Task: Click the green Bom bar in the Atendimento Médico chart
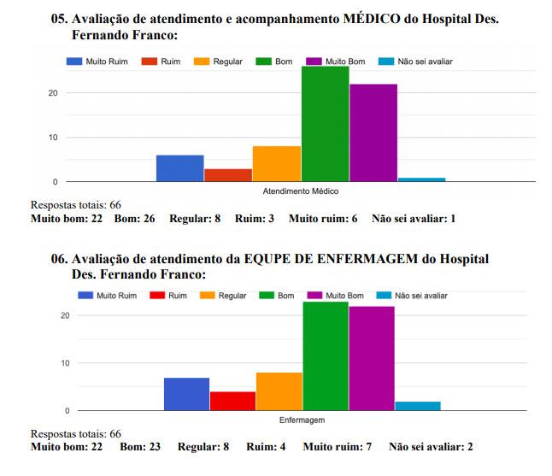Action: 325,124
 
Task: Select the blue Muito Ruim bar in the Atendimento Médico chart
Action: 179,168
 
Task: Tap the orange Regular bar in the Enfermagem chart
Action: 279,391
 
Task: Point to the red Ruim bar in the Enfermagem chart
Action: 232,401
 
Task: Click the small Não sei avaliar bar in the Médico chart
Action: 421,179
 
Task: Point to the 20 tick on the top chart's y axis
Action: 53,93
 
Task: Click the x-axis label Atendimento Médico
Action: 301,191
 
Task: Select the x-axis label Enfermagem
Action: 302,420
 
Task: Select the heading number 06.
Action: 59,259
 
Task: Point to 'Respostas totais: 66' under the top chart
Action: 75,206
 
